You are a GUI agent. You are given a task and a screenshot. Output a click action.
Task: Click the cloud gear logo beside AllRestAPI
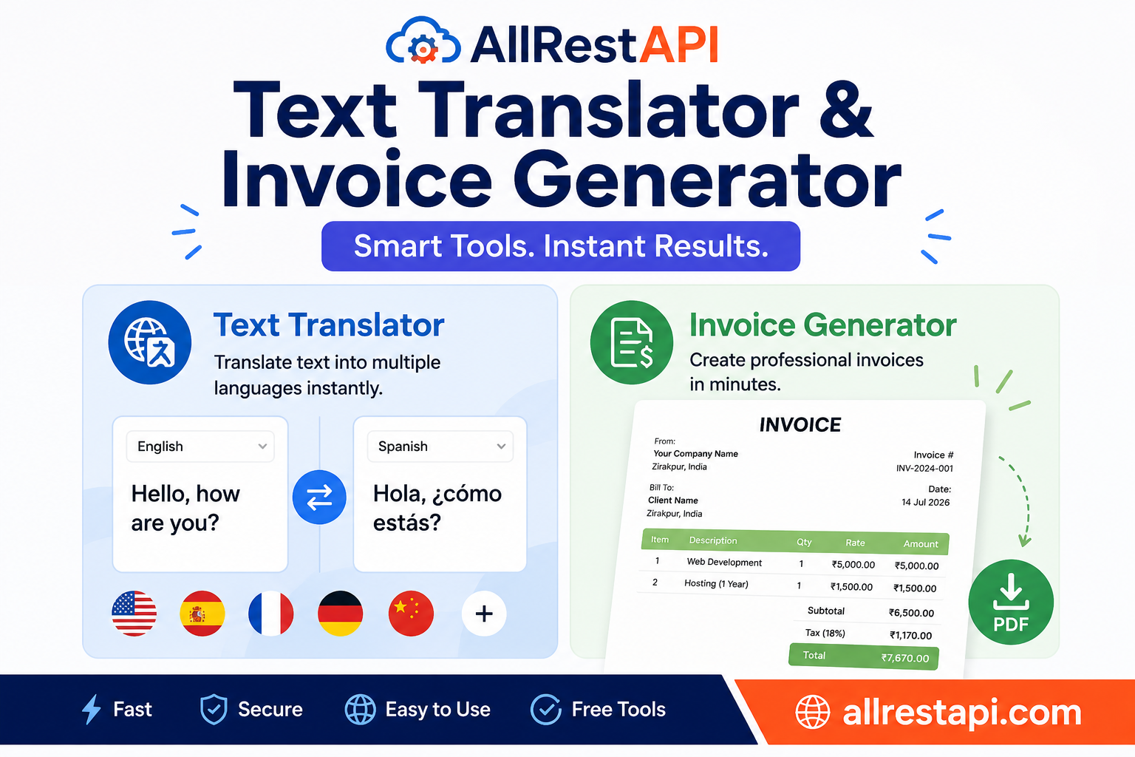[x=423, y=41]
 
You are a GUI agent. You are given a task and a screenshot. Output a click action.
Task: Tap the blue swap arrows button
[x=319, y=497]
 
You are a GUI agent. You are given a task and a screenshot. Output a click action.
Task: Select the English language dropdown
[x=200, y=447]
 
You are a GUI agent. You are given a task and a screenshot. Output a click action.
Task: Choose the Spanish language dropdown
[x=440, y=447]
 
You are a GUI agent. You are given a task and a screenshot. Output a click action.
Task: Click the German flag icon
[x=340, y=614]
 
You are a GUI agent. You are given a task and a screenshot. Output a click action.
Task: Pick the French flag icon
[x=270, y=614]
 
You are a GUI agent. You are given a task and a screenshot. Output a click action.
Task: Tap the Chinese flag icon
[x=411, y=614]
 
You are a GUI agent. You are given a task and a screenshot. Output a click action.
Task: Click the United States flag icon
[x=134, y=614]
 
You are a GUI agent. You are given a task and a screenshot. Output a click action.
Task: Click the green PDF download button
[x=1011, y=602]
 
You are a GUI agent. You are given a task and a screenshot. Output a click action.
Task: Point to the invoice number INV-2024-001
[x=924, y=469]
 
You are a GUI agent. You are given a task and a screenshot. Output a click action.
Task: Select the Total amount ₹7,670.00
[x=905, y=658]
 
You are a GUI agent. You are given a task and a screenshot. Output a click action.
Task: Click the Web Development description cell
[x=724, y=563]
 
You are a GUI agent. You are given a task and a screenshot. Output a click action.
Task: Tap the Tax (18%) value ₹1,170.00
[x=910, y=635]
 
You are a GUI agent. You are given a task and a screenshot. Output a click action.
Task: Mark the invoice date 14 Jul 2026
[x=925, y=503]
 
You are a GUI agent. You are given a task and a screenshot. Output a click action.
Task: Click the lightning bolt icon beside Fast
[x=92, y=709]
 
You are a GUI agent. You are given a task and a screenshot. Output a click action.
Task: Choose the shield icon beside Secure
[x=214, y=709]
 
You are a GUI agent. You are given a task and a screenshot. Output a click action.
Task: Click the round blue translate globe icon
[x=149, y=342]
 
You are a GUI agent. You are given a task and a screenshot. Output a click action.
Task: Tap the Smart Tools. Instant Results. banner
[x=561, y=246]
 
